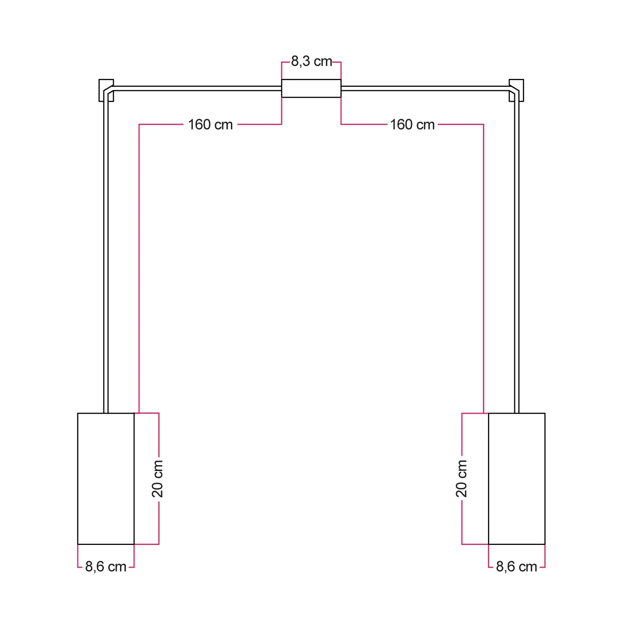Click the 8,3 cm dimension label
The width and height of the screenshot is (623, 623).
click(311, 61)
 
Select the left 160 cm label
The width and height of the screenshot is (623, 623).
click(210, 125)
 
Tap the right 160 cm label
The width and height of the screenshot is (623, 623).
click(412, 125)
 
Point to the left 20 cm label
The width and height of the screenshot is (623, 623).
click(157, 478)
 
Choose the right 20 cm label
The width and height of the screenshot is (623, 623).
click(461, 478)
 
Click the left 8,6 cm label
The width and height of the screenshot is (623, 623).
click(105, 567)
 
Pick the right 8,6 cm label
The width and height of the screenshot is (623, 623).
click(516, 567)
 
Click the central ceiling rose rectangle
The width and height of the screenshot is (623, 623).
click(311, 88)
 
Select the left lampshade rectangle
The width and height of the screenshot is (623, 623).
click(106, 478)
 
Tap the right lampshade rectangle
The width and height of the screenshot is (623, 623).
click(517, 478)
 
